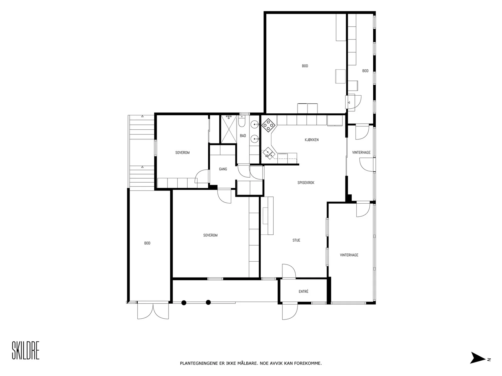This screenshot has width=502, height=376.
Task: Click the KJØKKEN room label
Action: tap(312, 140)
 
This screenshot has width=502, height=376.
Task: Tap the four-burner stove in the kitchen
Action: tap(268, 125)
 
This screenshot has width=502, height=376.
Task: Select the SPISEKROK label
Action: tap(306, 183)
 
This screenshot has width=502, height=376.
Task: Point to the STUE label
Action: tap(296, 240)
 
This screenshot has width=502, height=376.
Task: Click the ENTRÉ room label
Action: tap(303, 291)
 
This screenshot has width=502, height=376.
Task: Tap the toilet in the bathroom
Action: tap(242, 121)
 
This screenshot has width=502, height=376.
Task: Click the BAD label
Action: tap(243, 136)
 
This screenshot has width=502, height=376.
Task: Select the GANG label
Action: tap(223, 169)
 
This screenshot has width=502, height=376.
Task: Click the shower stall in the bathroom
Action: tap(228, 129)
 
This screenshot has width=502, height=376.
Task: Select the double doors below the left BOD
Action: tap(153, 311)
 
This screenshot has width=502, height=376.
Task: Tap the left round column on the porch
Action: tap(184, 303)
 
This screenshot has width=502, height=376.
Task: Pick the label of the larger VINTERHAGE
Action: tap(349, 255)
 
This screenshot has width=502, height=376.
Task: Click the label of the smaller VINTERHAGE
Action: tap(361, 153)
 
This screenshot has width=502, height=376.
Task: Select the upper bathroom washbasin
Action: tap(254, 125)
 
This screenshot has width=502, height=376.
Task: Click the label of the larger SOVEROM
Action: tap(210, 235)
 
